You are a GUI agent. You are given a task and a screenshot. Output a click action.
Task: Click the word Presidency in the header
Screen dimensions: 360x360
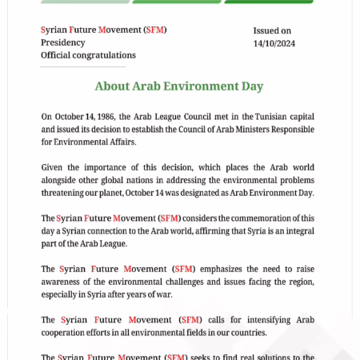[62, 42]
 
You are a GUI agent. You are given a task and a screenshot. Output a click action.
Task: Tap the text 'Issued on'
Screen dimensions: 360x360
[272, 30]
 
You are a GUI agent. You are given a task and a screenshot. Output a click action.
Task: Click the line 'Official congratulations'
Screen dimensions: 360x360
[88, 55]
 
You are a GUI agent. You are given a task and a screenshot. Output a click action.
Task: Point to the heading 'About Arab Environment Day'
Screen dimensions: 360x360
[178, 86]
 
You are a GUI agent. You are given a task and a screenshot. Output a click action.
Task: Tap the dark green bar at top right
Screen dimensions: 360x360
[268, 2]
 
